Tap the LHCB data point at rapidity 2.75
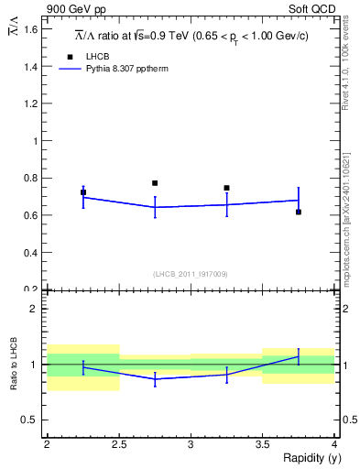click(155, 183)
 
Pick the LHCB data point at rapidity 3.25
click(226, 188)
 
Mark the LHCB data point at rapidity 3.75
click(299, 212)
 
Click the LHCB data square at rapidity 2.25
click(83, 192)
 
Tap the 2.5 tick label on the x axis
click(119, 444)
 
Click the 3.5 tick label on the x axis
click(263, 444)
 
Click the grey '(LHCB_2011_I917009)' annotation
click(191, 273)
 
